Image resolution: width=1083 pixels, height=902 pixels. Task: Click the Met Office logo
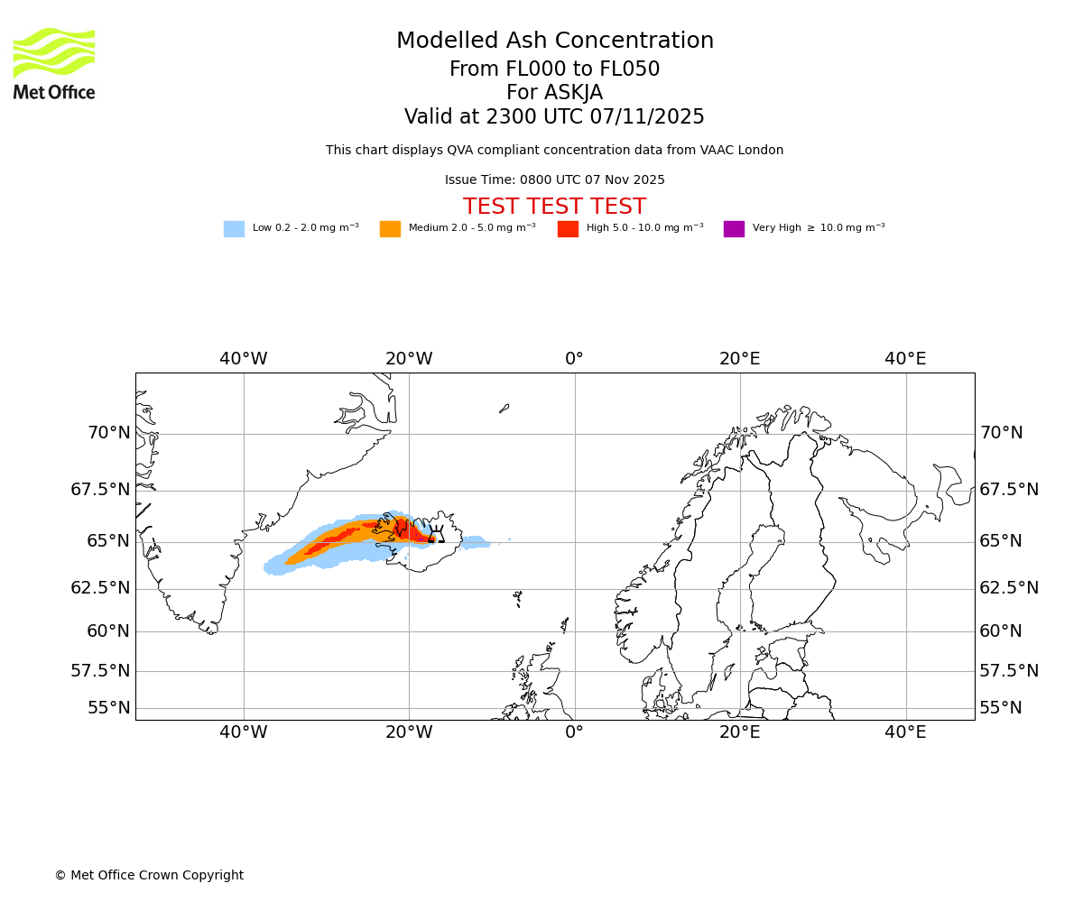54,63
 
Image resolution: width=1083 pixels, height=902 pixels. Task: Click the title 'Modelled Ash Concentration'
555,41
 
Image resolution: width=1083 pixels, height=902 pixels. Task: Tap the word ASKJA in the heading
578,93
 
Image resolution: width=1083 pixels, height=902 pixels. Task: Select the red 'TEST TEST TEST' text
554,207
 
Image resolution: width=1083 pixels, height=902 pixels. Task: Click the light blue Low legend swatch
234,229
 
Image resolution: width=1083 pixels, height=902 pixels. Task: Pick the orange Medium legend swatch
390,229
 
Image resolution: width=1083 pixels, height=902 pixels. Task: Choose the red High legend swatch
568,229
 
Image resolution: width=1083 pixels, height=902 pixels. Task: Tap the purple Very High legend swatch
734,229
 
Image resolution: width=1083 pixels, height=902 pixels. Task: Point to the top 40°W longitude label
244,359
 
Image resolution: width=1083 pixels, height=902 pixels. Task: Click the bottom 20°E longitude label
740,732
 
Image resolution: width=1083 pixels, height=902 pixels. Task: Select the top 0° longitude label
575,359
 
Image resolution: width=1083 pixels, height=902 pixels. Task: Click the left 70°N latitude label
108,433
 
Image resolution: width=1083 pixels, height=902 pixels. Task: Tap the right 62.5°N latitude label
1009,588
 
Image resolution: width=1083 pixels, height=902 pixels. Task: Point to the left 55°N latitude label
108,708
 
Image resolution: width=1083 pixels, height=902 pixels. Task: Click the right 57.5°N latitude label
1009,671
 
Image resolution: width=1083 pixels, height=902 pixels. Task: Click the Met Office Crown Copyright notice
149,876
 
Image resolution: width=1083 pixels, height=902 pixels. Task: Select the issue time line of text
554,180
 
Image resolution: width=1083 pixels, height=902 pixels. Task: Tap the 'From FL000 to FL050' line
554,69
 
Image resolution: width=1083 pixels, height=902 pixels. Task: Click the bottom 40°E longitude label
905,732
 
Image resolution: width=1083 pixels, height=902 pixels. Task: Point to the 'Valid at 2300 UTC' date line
554,117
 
